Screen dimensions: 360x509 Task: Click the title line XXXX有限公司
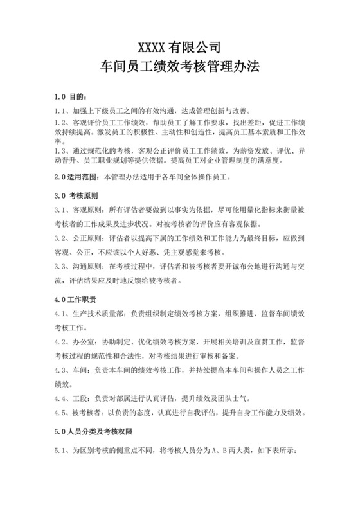click(x=180, y=47)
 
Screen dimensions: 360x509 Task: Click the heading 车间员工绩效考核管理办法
click(x=180, y=66)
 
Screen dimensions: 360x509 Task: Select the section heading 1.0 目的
click(x=69, y=97)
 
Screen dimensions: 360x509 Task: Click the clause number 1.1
click(x=61, y=111)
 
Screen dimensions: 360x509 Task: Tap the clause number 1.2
click(x=61, y=122)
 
